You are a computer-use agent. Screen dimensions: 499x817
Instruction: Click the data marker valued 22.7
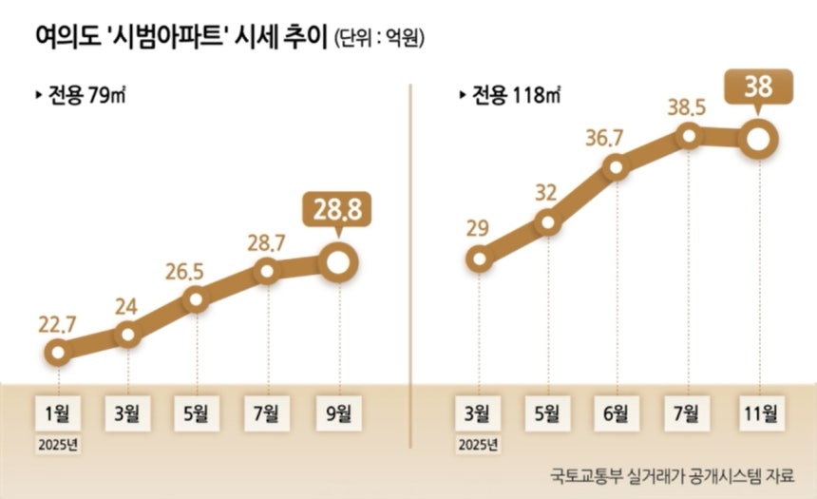pyautogui.click(x=59, y=354)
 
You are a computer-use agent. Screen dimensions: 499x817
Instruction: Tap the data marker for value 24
pyautogui.click(x=127, y=334)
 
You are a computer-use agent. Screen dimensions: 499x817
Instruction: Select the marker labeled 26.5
pyautogui.click(x=197, y=299)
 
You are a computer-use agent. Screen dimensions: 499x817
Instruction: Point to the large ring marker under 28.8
pyautogui.click(x=337, y=263)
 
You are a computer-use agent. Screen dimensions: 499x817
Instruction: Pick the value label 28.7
pyautogui.click(x=267, y=241)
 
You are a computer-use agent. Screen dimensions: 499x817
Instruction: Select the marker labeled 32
pyautogui.click(x=548, y=223)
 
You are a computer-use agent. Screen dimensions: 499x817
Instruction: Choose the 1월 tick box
pyautogui.click(x=59, y=413)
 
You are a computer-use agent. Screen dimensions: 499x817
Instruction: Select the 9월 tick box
pyautogui.click(x=337, y=413)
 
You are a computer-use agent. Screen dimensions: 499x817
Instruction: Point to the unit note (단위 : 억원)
pyautogui.click(x=378, y=40)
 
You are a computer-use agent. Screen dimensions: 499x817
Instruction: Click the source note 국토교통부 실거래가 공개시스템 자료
pyautogui.click(x=671, y=474)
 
